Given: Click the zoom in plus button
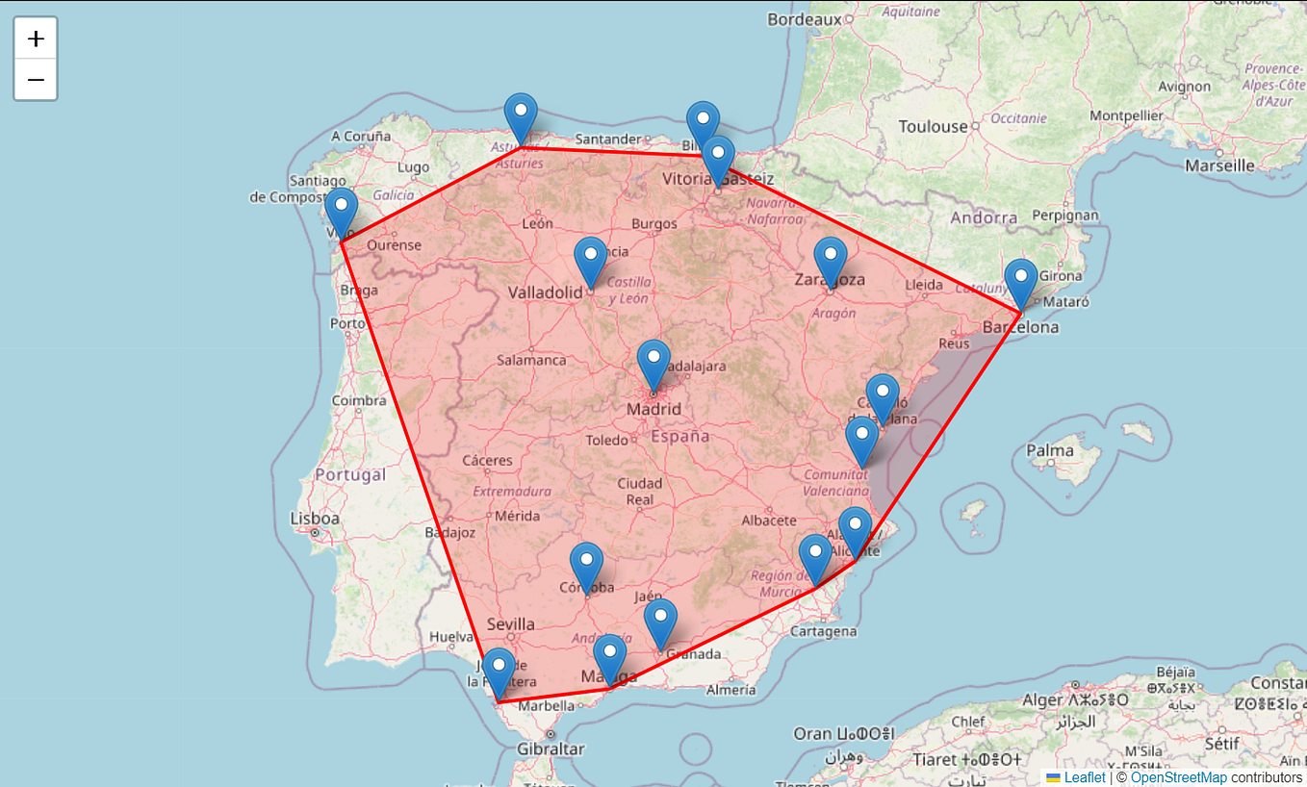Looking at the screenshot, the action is point(36,38).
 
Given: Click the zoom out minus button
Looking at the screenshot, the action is point(36,79).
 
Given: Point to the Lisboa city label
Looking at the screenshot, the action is point(315,519).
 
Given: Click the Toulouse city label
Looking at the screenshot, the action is point(933,127).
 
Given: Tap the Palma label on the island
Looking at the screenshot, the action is point(1049,450).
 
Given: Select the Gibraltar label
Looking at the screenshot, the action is point(551,749).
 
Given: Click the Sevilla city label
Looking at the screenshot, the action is point(510,624).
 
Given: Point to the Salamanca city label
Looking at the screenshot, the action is point(531,360).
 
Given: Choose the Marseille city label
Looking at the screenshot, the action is point(1219,165).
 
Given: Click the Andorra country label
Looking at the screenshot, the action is point(984,217).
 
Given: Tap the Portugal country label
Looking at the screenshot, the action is point(350,474).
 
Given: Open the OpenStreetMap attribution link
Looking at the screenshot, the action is point(1178,777).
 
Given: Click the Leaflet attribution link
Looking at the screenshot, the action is point(1085,777).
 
